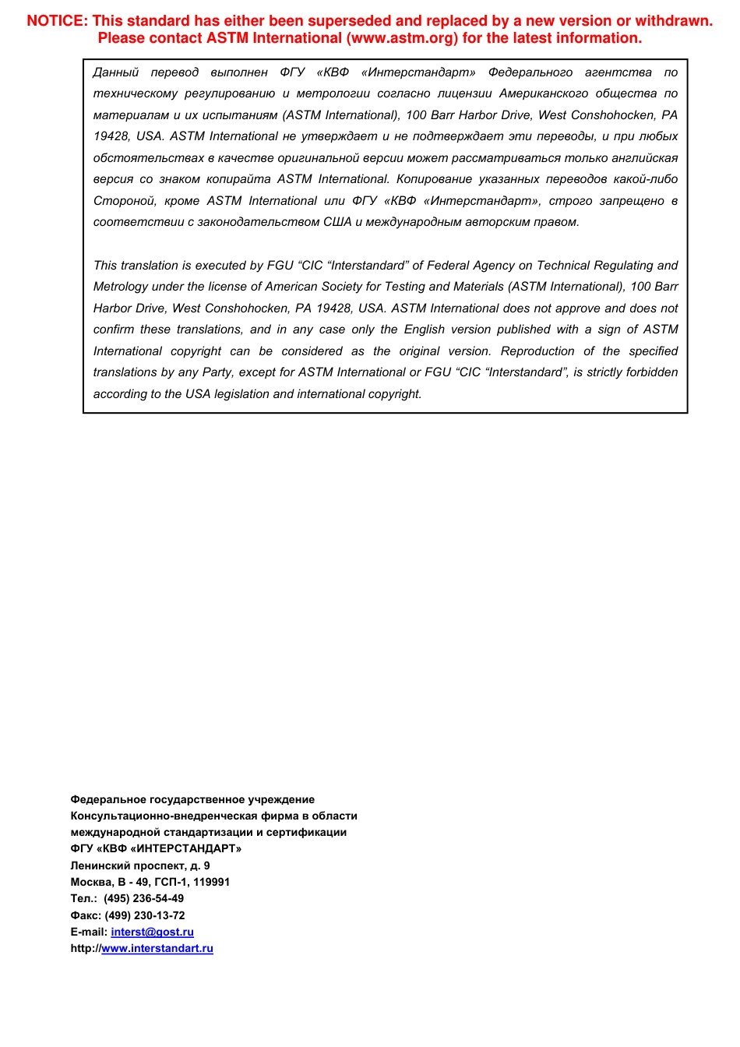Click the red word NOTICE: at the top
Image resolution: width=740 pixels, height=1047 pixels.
coord(58,21)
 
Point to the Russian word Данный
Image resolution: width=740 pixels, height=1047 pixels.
coord(115,72)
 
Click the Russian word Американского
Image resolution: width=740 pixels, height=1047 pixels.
coord(544,93)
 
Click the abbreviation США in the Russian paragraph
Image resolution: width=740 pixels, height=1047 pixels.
coord(337,222)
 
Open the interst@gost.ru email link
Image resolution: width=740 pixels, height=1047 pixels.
coord(152,932)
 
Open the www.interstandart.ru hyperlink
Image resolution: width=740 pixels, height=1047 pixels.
coord(157,948)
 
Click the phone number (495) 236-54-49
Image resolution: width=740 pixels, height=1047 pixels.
coord(144,898)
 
